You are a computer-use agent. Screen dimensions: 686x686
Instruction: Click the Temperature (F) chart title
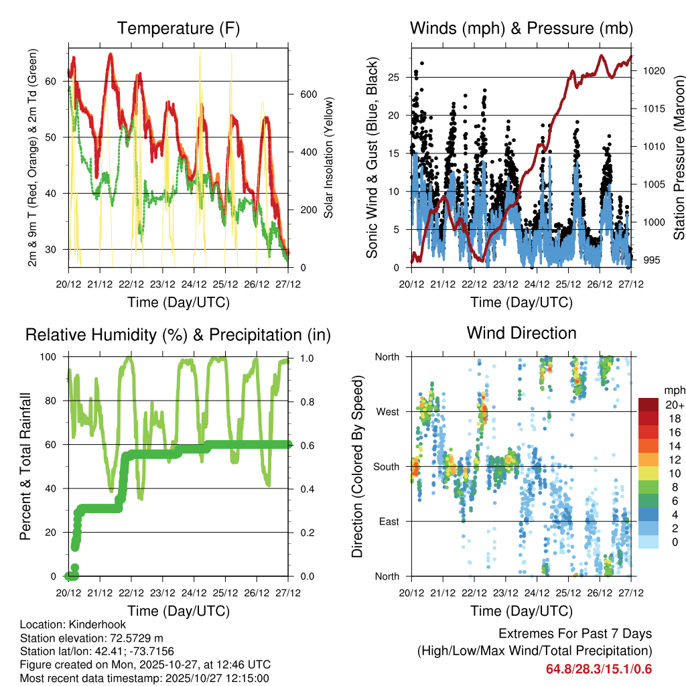coord(178,28)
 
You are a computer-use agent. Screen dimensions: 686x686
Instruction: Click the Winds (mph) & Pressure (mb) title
coord(521,28)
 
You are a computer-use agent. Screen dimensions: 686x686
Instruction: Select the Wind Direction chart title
coord(521,333)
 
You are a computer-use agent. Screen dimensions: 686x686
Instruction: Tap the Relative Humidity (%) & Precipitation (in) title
coord(178,334)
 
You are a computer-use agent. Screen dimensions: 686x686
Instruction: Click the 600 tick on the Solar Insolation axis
coord(308,94)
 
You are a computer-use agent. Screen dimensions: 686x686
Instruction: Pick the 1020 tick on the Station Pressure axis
coord(653,70)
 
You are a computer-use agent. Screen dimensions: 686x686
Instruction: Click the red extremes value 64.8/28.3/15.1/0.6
coord(599,669)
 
